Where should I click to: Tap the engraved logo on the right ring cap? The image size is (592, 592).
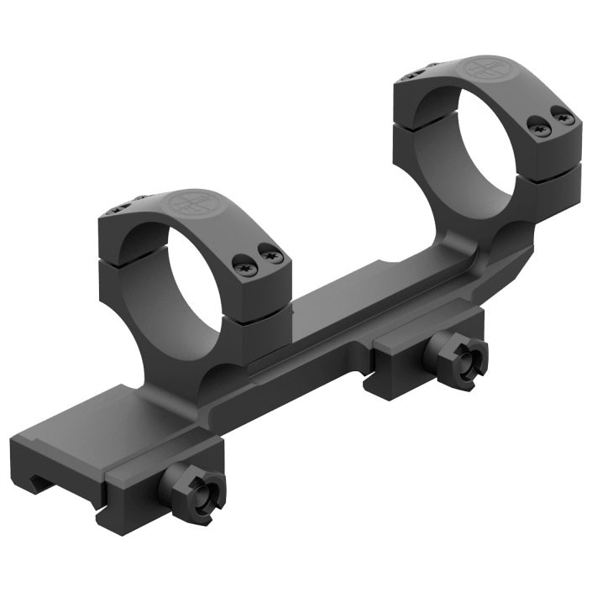[488, 69]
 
